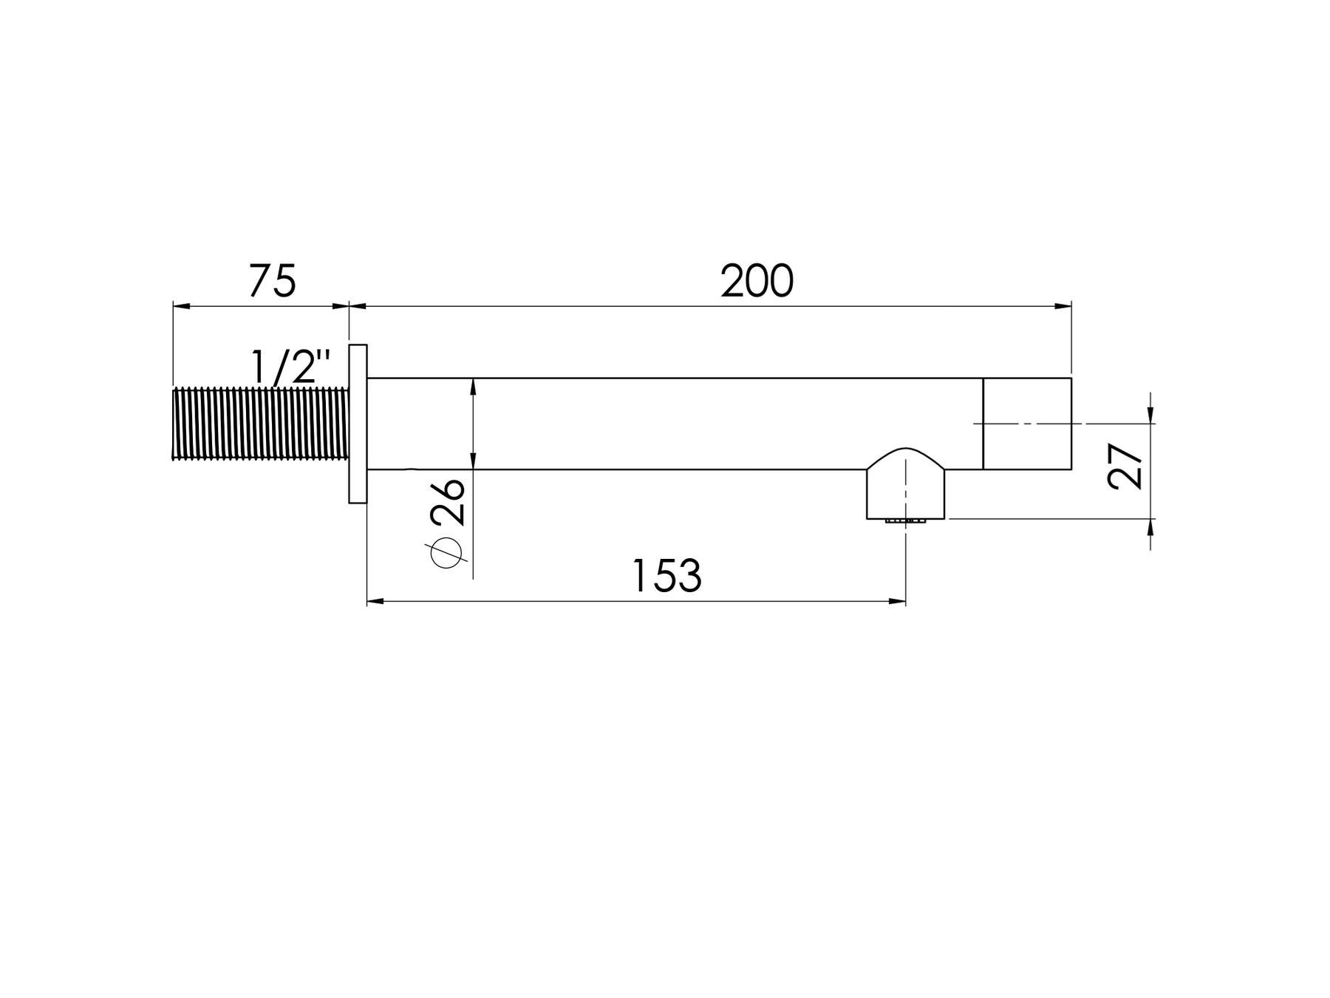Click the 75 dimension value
pos(272,280)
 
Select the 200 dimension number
pos(757,281)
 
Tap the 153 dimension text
pos(666,576)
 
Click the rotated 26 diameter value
pos(447,502)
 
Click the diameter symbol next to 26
pos(446,553)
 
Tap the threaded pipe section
pos(260,424)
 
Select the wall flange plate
pos(358,424)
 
